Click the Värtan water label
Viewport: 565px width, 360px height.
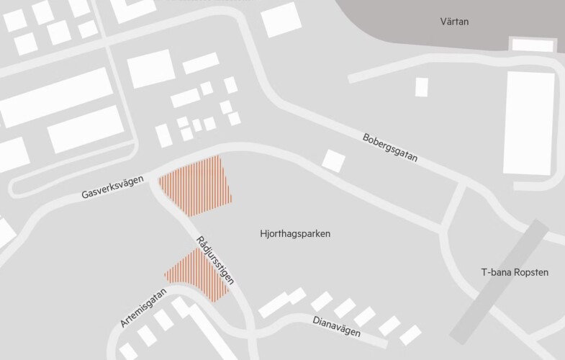454,22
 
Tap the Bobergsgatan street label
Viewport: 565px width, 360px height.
390,147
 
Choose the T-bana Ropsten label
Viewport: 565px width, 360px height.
514,273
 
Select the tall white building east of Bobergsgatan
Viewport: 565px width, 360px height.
530,122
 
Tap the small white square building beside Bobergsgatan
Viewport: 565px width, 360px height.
333,160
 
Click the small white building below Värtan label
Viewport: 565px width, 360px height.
422,87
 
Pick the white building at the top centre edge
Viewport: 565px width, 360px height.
281,19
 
